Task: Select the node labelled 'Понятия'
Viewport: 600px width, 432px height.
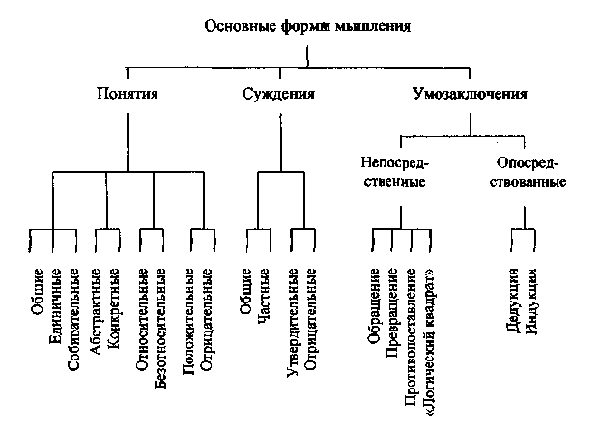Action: pyautogui.click(x=128, y=95)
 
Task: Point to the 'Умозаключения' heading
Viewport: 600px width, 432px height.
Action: pyautogui.click(x=470, y=95)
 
